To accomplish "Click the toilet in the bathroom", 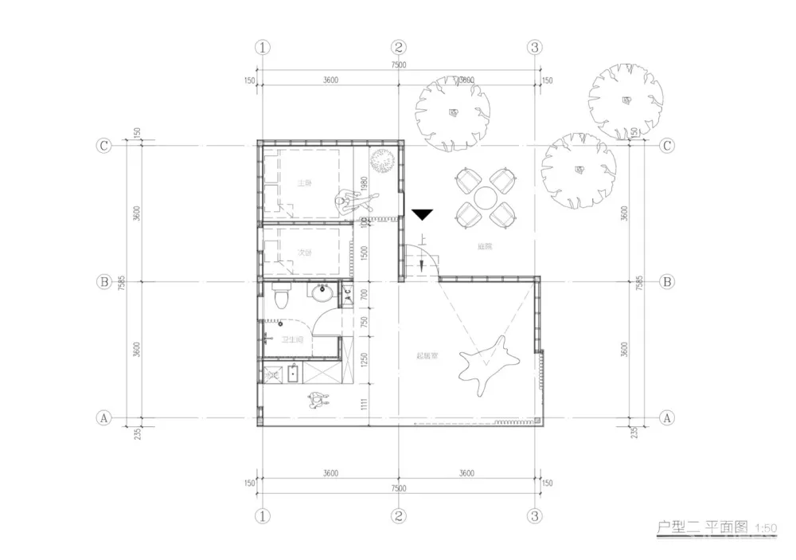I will click(x=280, y=299).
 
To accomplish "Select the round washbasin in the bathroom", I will click(x=322, y=295).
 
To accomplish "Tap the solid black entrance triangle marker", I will click(x=423, y=214).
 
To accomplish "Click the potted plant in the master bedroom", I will click(x=381, y=163).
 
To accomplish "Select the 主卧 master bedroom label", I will click(x=304, y=183).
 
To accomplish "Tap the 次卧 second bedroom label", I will click(x=304, y=253).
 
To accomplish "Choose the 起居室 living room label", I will click(x=427, y=355).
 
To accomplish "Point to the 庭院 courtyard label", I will click(x=485, y=247).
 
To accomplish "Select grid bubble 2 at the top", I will click(x=399, y=47).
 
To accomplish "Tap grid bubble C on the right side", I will click(x=667, y=146).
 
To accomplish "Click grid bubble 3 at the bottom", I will click(x=534, y=516).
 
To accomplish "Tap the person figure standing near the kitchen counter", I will click(x=318, y=400).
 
